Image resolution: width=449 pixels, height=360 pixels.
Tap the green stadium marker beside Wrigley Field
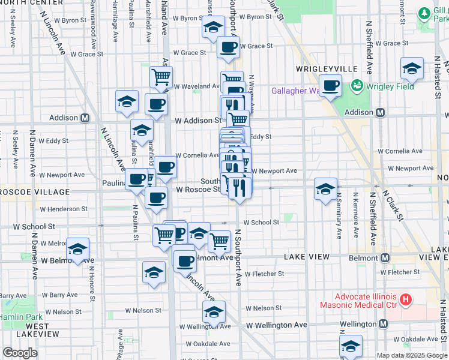pyautogui.click(x=358, y=86)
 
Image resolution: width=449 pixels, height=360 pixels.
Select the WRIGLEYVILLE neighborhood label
pyautogui.click(x=318, y=69)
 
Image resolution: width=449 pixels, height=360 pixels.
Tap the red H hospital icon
pyautogui.click(x=406, y=299)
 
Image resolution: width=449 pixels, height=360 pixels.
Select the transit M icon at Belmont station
pyautogui.click(x=385, y=257)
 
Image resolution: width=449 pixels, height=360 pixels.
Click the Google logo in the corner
pyautogui.click(x=20, y=352)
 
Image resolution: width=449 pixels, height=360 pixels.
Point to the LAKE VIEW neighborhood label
pyautogui.click(x=307, y=257)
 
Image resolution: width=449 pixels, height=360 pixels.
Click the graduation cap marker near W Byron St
pyautogui.click(x=212, y=27)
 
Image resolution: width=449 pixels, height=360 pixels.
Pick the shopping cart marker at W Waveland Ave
pyautogui.click(x=161, y=76)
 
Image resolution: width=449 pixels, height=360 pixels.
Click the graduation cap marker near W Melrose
pyautogui.click(x=77, y=248)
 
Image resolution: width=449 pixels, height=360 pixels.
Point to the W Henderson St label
pyautogui.click(x=63, y=209)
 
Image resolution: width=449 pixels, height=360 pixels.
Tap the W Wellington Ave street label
pyautogui.click(x=277, y=325)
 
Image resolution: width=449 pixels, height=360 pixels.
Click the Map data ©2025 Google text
pyautogui.click(x=412, y=355)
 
